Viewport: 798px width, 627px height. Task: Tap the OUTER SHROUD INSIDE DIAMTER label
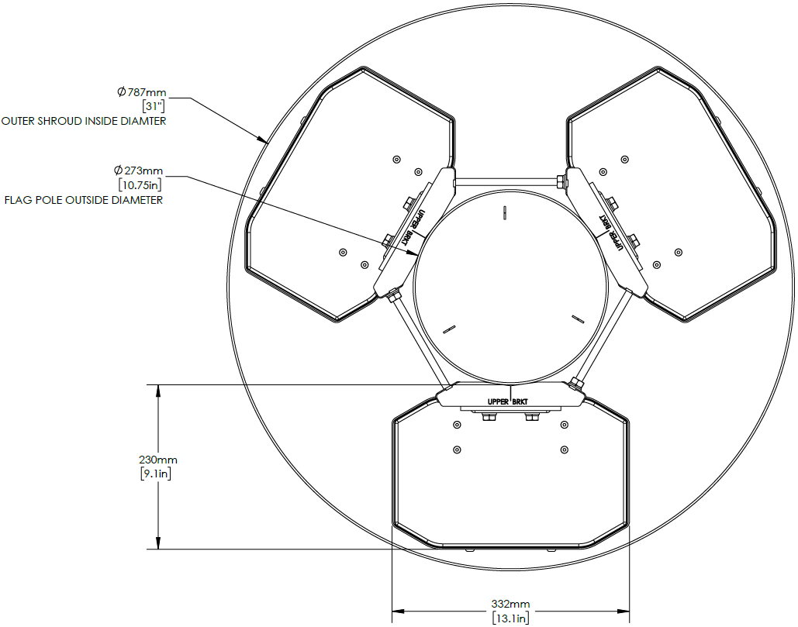pyautogui.click(x=84, y=121)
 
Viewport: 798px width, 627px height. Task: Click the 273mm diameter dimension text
pyautogui.click(x=139, y=171)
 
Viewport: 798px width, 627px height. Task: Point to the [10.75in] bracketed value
pyautogui.click(x=140, y=184)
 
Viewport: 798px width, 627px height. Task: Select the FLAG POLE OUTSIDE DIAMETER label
pyautogui.click(x=84, y=200)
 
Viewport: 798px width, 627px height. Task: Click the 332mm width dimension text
pyautogui.click(x=511, y=604)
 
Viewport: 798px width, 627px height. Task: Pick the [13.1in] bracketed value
pyautogui.click(x=511, y=618)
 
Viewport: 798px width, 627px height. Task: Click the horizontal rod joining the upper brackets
pyautogui.click(x=507, y=182)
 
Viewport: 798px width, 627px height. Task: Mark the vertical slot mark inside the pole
pyautogui.click(x=504, y=212)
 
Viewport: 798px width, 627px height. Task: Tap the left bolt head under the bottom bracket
pyautogui.click(x=489, y=419)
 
